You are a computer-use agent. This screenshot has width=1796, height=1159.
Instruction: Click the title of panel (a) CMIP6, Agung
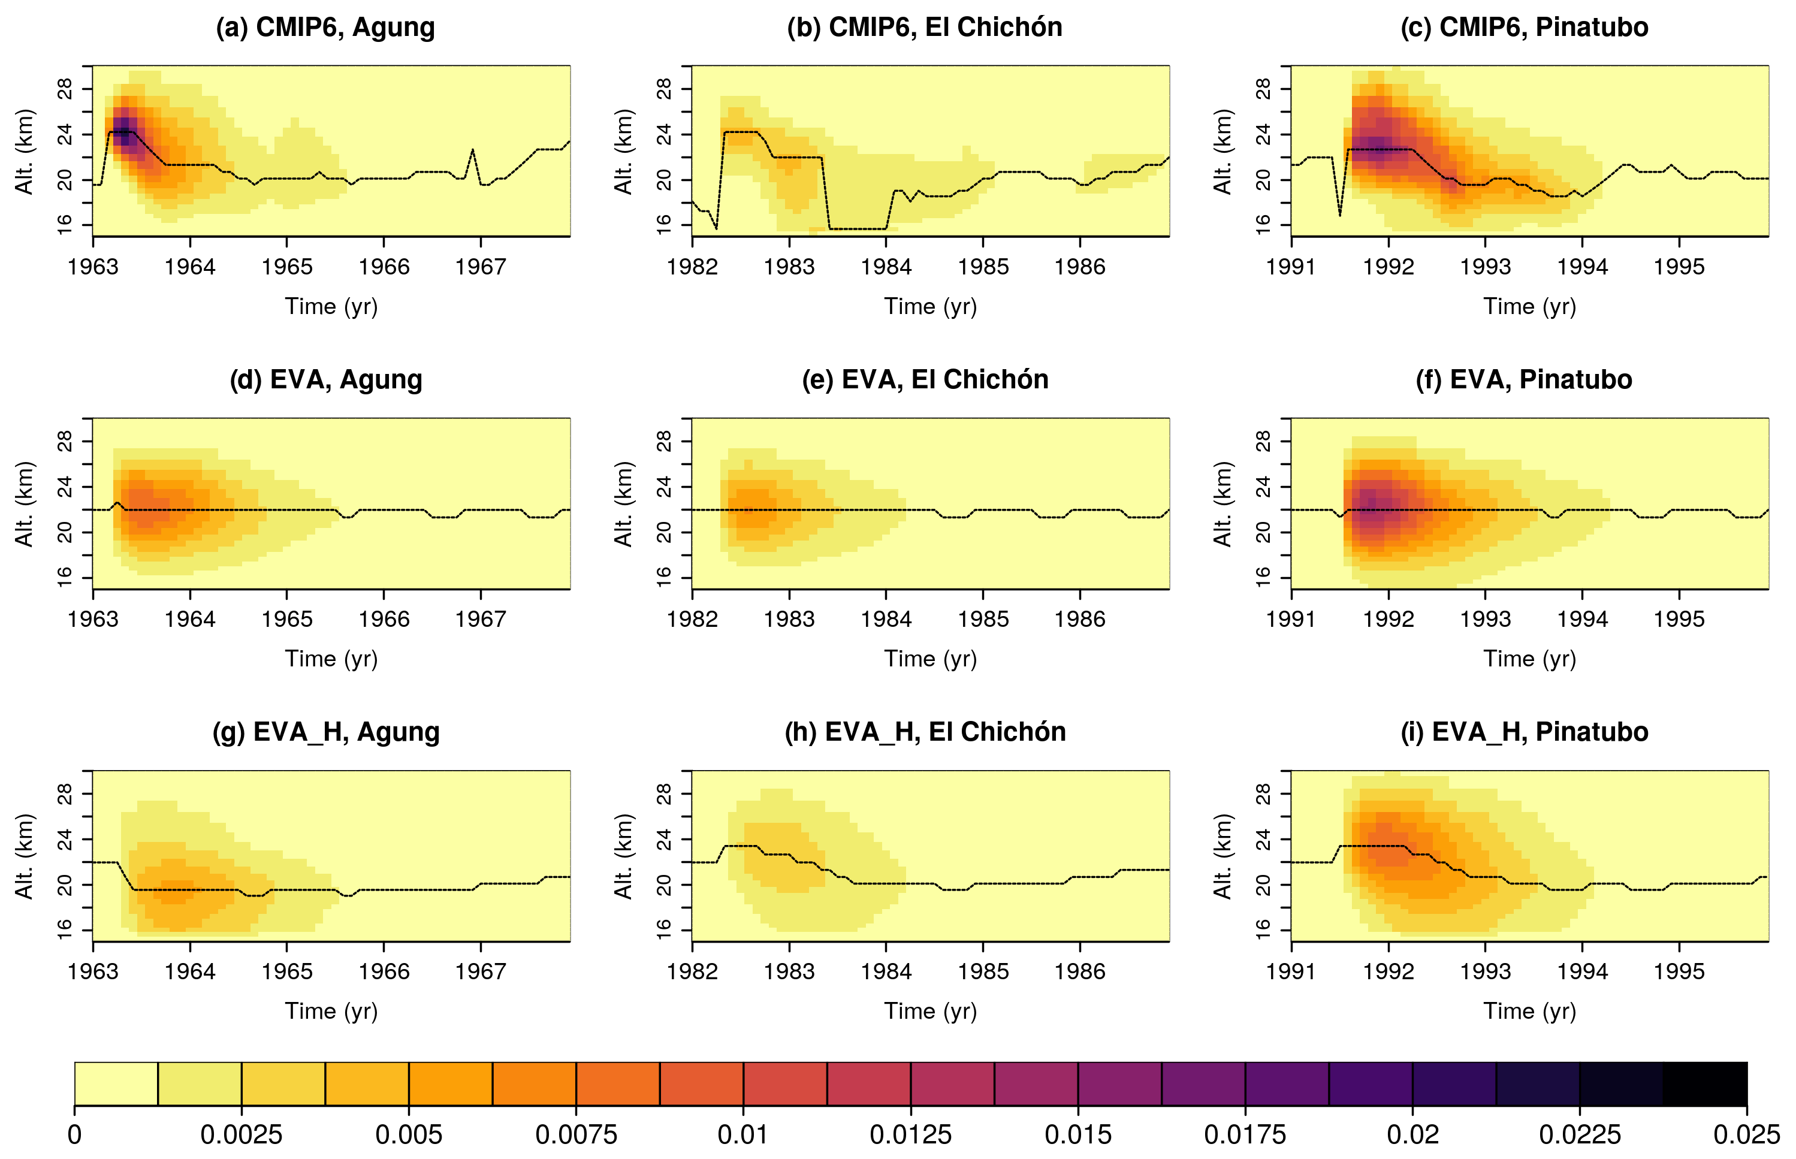click(x=325, y=27)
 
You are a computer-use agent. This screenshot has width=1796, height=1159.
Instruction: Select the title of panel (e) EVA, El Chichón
click(x=925, y=379)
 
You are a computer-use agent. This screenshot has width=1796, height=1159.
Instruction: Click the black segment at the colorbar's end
click(x=1704, y=1083)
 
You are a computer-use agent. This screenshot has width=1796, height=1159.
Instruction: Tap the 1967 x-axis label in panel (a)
click(x=481, y=267)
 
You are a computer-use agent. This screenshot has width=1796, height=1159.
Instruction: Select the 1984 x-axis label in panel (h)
click(x=886, y=971)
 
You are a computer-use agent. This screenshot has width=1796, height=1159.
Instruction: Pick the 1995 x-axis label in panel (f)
click(x=1679, y=620)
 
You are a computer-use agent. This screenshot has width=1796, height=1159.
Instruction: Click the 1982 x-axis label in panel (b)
click(x=692, y=267)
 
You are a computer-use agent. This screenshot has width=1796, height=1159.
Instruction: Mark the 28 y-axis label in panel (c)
click(x=1264, y=89)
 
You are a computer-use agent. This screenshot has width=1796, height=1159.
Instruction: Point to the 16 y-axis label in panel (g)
click(x=65, y=927)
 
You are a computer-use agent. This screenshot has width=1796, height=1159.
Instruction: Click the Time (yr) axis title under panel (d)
click(x=331, y=659)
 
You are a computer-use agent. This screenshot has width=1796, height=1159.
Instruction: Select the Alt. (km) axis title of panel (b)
click(x=623, y=152)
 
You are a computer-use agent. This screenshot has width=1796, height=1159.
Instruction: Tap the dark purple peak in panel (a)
click(x=124, y=129)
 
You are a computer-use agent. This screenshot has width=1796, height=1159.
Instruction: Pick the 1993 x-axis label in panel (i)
click(x=1485, y=971)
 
